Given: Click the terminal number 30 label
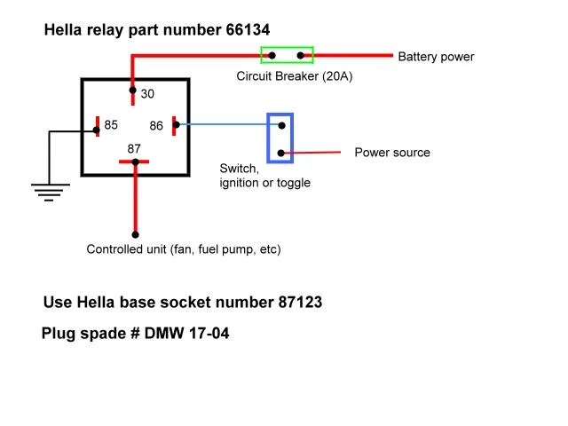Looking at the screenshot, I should click(x=148, y=94).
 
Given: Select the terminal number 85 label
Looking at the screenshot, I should click(x=111, y=125).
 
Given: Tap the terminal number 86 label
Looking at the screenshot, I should click(x=156, y=126).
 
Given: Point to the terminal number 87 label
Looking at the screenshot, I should click(x=134, y=148).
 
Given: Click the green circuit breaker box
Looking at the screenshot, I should click(x=287, y=55).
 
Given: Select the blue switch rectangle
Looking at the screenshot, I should click(x=280, y=138).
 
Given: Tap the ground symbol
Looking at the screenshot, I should click(x=49, y=188).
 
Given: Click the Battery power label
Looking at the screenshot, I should click(x=436, y=57).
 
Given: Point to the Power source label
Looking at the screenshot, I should click(x=392, y=153).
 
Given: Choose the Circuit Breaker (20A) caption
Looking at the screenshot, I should click(x=295, y=76).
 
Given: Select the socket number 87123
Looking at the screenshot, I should click(x=296, y=303).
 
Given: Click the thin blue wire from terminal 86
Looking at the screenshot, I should click(x=222, y=125).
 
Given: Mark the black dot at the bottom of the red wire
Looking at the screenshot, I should click(x=135, y=235).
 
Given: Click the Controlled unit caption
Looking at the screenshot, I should click(x=183, y=249).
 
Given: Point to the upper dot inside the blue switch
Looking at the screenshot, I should click(x=281, y=125).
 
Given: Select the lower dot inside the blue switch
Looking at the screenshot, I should click(x=281, y=153).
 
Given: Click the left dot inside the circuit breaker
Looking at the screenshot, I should click(x=273, y=55).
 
